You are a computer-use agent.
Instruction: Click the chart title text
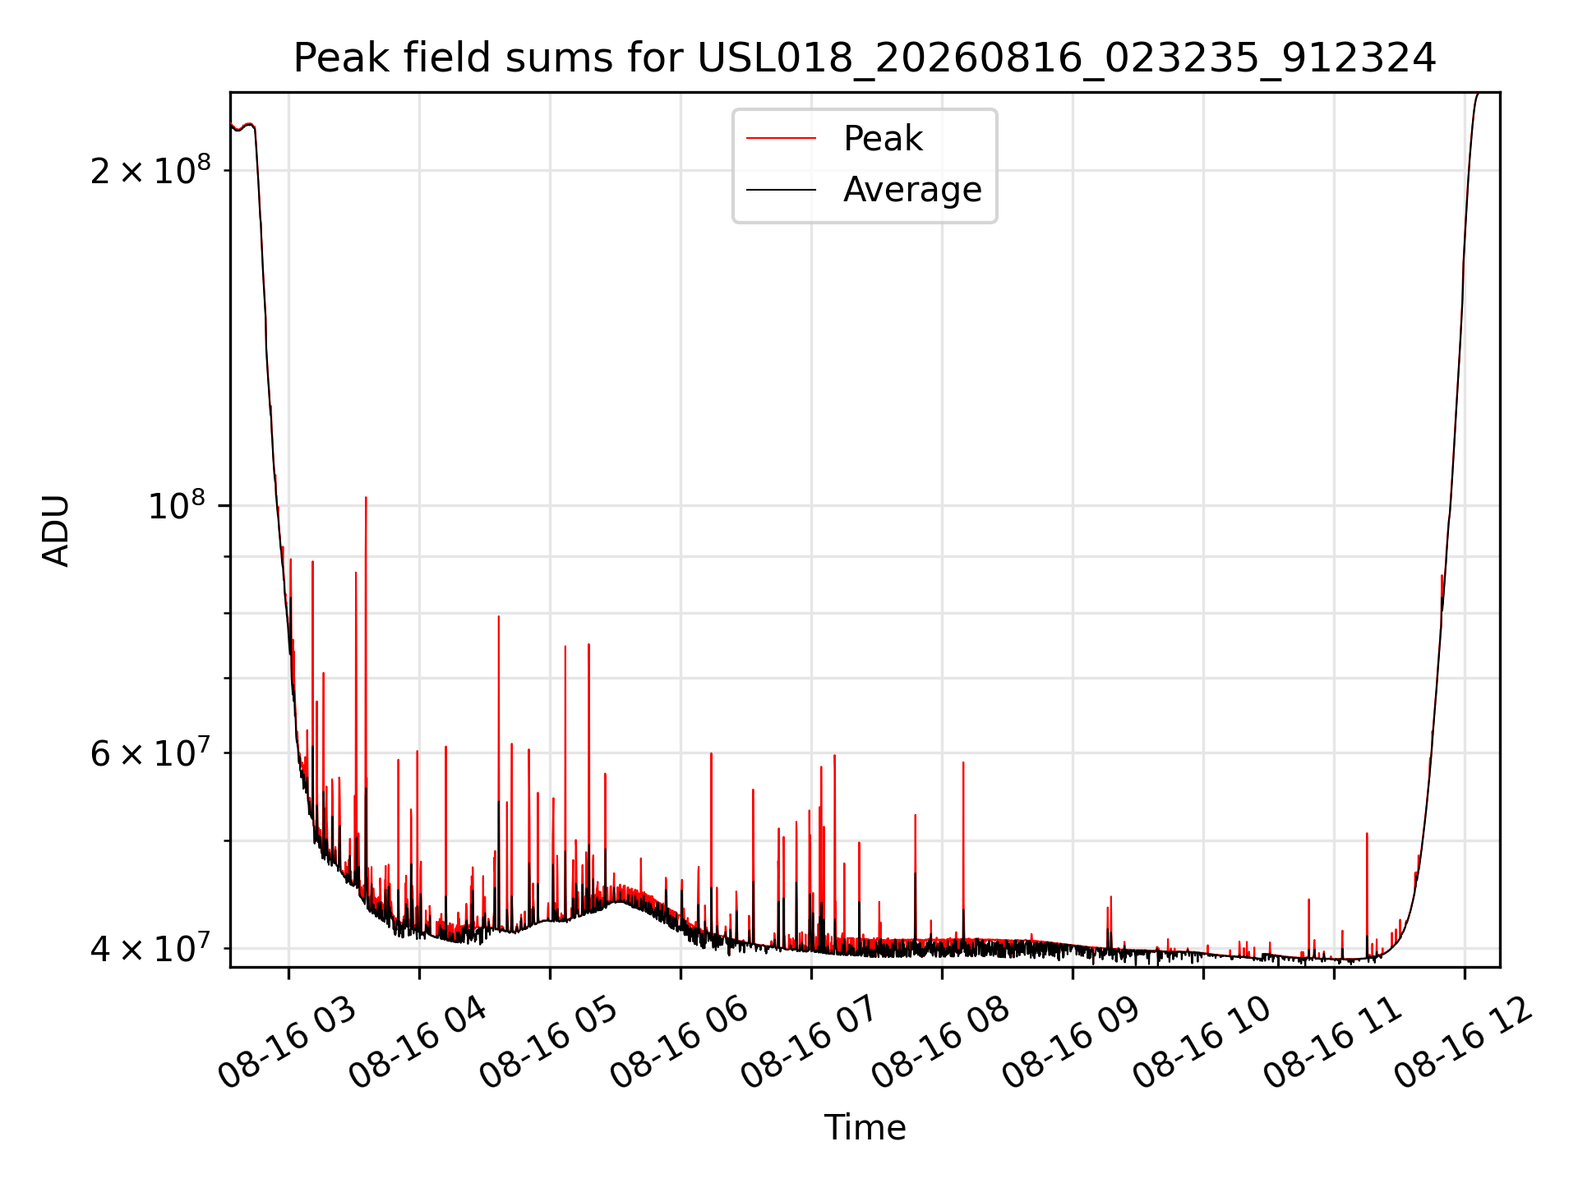pyautogui.click(x=865, y=58)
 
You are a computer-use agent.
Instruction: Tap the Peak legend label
pyautogui.click(x=883, y=139)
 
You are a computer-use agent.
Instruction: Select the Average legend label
pyautogui.click(x=912, y=190)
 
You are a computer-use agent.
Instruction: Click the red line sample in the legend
pyautogui.click(x=781, y=139)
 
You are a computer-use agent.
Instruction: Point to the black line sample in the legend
pyautogui.click(x=781, y=190)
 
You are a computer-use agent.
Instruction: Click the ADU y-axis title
pyautogui.click(x=56, y=531)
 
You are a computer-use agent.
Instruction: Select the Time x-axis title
pyautogui.click(x=865, y=1128)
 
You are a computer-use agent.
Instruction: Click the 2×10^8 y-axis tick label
pyautogui.click(x=150, y=170)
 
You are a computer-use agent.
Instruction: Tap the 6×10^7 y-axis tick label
pyautogui.click(x=150, y=753)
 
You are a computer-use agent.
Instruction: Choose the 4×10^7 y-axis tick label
pyautogui.click(x=150, y=948)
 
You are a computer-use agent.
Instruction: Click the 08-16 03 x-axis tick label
pyautogui.click(x=288, y=1043)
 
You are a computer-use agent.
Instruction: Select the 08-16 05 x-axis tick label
pyautogui.click(x=549, y=1043)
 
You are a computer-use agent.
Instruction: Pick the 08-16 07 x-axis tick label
pyautogui.click(x=810, y=1043)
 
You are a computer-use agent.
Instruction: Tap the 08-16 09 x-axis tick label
pyautogui.click(x=1072, y=1043)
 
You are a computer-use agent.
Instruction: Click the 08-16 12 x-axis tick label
pyautogui.click(x=1464, y=1043)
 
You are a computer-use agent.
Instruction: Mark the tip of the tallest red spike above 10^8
pyautogui.click(x=366, y=497)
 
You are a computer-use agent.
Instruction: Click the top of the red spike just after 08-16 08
pyautogui.click(x=963, y=762)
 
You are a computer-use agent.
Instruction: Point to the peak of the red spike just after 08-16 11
pyautogui.click(x=1367, y=833)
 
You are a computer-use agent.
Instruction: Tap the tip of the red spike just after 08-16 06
pyautogui.click(x=711, y=753)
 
